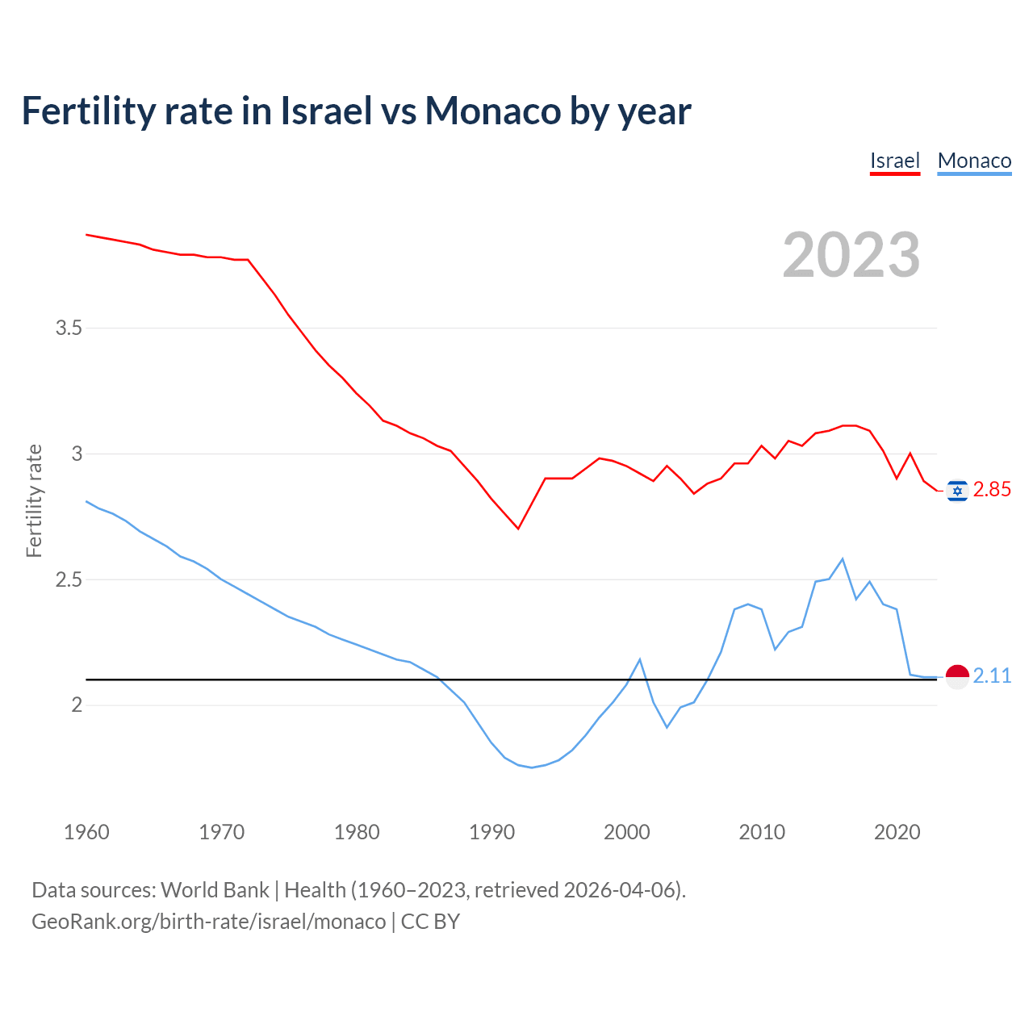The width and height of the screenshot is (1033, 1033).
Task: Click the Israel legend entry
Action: coord(894,161)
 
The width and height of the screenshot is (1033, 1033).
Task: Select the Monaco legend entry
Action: coord(974,161)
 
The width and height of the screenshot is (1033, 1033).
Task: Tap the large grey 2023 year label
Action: coord(851,255)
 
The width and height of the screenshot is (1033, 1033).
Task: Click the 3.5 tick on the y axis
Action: coord(69,328)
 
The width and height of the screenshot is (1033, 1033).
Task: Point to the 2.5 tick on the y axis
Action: coord(69,580)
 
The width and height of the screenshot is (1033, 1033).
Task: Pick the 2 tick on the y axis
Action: coord(77,705)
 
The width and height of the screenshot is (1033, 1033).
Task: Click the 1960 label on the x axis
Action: coord(86,832)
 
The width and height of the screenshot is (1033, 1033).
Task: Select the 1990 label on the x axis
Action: coord(491,832)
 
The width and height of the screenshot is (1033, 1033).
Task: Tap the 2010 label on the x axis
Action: coord(762,832)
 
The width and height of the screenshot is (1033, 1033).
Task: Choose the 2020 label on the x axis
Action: coord(897,832)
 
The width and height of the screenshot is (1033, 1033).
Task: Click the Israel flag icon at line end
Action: coord(957,491)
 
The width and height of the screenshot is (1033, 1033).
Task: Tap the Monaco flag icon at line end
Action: coord(957,677)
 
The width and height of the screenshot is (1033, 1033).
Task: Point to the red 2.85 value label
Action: coord(992,490)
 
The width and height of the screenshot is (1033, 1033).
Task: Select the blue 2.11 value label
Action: coord(992,676)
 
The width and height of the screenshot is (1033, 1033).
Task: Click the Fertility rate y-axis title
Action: coord(34,500)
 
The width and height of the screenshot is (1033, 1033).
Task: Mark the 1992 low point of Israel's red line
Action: coord(518,529)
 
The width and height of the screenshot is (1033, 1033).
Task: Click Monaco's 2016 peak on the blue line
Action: coord(843,558)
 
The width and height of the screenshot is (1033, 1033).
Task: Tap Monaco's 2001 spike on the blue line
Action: coord(640,659)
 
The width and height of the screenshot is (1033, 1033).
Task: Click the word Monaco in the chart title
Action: coord(493,111)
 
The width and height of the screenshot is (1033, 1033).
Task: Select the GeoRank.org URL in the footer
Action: coord(208,922)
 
